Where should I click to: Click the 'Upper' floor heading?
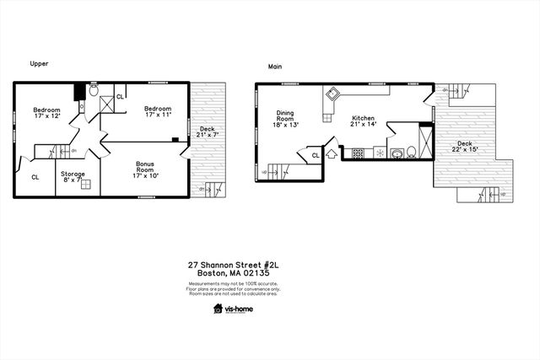[38, 64]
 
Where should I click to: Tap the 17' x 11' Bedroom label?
[157, 113]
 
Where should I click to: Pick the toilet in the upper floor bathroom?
[94, 89]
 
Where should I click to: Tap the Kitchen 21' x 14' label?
[363, 122]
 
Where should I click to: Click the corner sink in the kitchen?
[334, 94]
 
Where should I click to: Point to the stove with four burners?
[357, 153]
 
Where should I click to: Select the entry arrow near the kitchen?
[331, 153]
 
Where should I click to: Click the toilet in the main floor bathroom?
[410, 153]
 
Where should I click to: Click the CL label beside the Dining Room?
[315, 155]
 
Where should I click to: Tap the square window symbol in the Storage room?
[85, 183]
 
